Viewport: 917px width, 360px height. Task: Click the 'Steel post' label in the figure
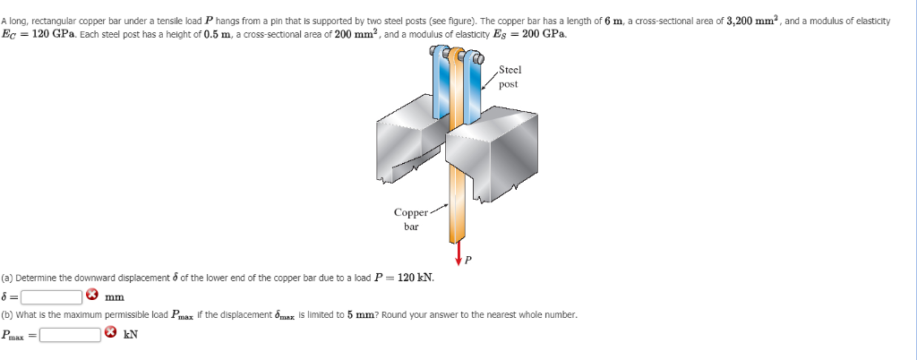(509, 77)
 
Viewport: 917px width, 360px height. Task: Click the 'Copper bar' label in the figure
(410, 219)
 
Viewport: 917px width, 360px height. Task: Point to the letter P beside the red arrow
(467, 261)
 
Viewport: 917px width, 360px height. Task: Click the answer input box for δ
(52, 296)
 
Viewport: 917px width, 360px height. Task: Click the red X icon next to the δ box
(92, 296)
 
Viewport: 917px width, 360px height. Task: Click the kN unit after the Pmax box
(131, 335)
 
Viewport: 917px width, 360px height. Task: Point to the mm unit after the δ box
(114, 296)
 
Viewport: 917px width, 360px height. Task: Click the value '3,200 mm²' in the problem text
(753, 20)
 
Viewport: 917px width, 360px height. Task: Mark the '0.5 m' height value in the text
(219, 34)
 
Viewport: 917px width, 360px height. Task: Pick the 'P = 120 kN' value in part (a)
(399, 278)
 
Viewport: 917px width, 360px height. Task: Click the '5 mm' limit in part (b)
(347, 315)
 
